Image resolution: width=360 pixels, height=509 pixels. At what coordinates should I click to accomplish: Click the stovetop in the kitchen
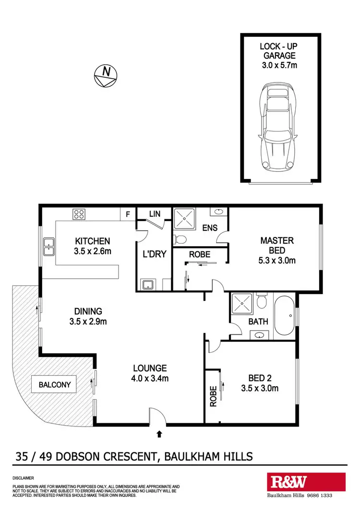point(79,214)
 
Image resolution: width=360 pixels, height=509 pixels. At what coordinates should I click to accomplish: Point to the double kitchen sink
point(48,246)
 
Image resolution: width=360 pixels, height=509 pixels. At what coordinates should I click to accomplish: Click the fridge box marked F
point(128,214)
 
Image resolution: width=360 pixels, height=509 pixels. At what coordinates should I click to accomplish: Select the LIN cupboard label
point(154,213)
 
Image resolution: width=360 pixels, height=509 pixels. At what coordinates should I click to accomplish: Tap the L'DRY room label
point(154,254)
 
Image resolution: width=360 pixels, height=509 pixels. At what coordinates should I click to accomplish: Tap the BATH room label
point(258,322)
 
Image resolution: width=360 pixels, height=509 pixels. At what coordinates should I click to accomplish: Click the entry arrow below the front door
point(159,434)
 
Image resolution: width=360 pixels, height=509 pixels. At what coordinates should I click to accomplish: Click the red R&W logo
point(306,482)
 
